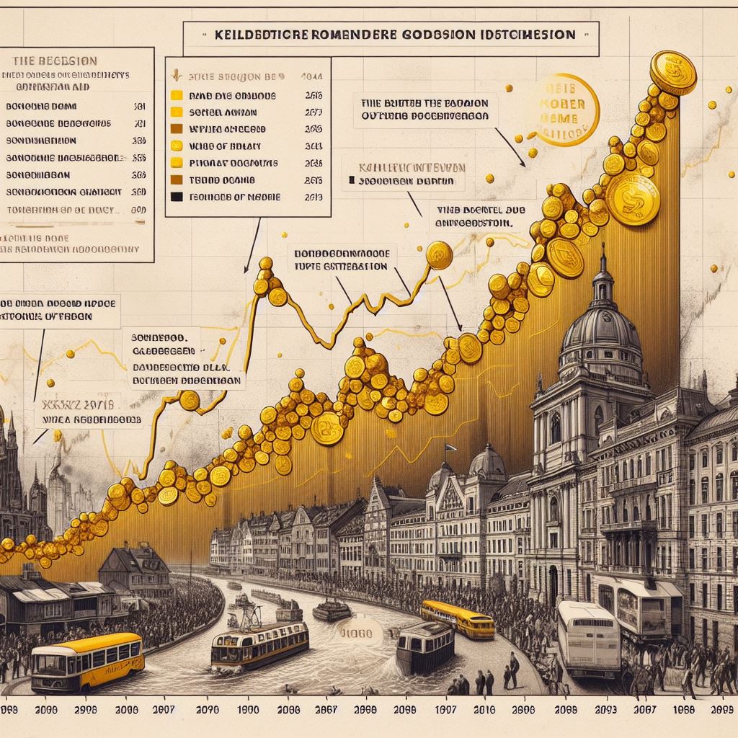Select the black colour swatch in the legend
174,196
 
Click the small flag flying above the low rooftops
448,448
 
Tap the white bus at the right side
589,637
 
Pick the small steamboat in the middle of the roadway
331,608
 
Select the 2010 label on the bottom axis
486,709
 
